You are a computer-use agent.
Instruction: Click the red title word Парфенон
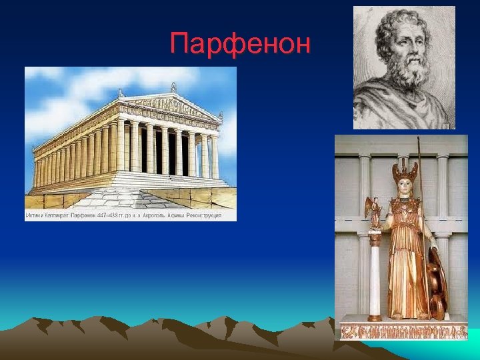pyautogui.click(x=240, y=44)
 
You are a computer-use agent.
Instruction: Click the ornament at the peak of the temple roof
pyautogui.click(x=173, y=87)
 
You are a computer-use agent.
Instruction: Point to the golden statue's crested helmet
pyautogui.click(x=405, y=172)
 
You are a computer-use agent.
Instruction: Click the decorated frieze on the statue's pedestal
pyautogui.click(x=393, y=329)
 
